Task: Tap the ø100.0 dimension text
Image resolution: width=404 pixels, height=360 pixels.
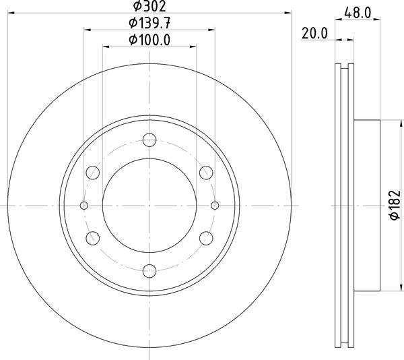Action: pos(149,40)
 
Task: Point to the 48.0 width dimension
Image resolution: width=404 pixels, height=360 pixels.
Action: pos(356,11)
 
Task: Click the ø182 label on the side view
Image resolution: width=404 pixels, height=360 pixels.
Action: pos(397,205)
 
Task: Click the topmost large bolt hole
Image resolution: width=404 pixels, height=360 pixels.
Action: pos(149,140)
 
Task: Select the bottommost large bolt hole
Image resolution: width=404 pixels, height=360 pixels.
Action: pos(149,270)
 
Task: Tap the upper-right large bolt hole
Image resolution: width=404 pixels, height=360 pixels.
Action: pos(207,173)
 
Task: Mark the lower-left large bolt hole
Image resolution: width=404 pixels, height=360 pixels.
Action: pos(93,238)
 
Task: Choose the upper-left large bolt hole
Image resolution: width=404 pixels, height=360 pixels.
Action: pos(93,173)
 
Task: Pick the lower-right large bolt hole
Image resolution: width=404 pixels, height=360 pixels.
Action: pos(207,238)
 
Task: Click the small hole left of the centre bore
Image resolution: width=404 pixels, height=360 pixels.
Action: pos(84,206)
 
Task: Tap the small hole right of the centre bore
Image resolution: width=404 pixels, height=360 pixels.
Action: pos(215,206)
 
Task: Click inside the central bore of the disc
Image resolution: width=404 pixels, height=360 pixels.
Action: pos(149,206)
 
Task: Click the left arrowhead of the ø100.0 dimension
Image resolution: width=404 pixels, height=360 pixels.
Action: pos(106,47)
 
